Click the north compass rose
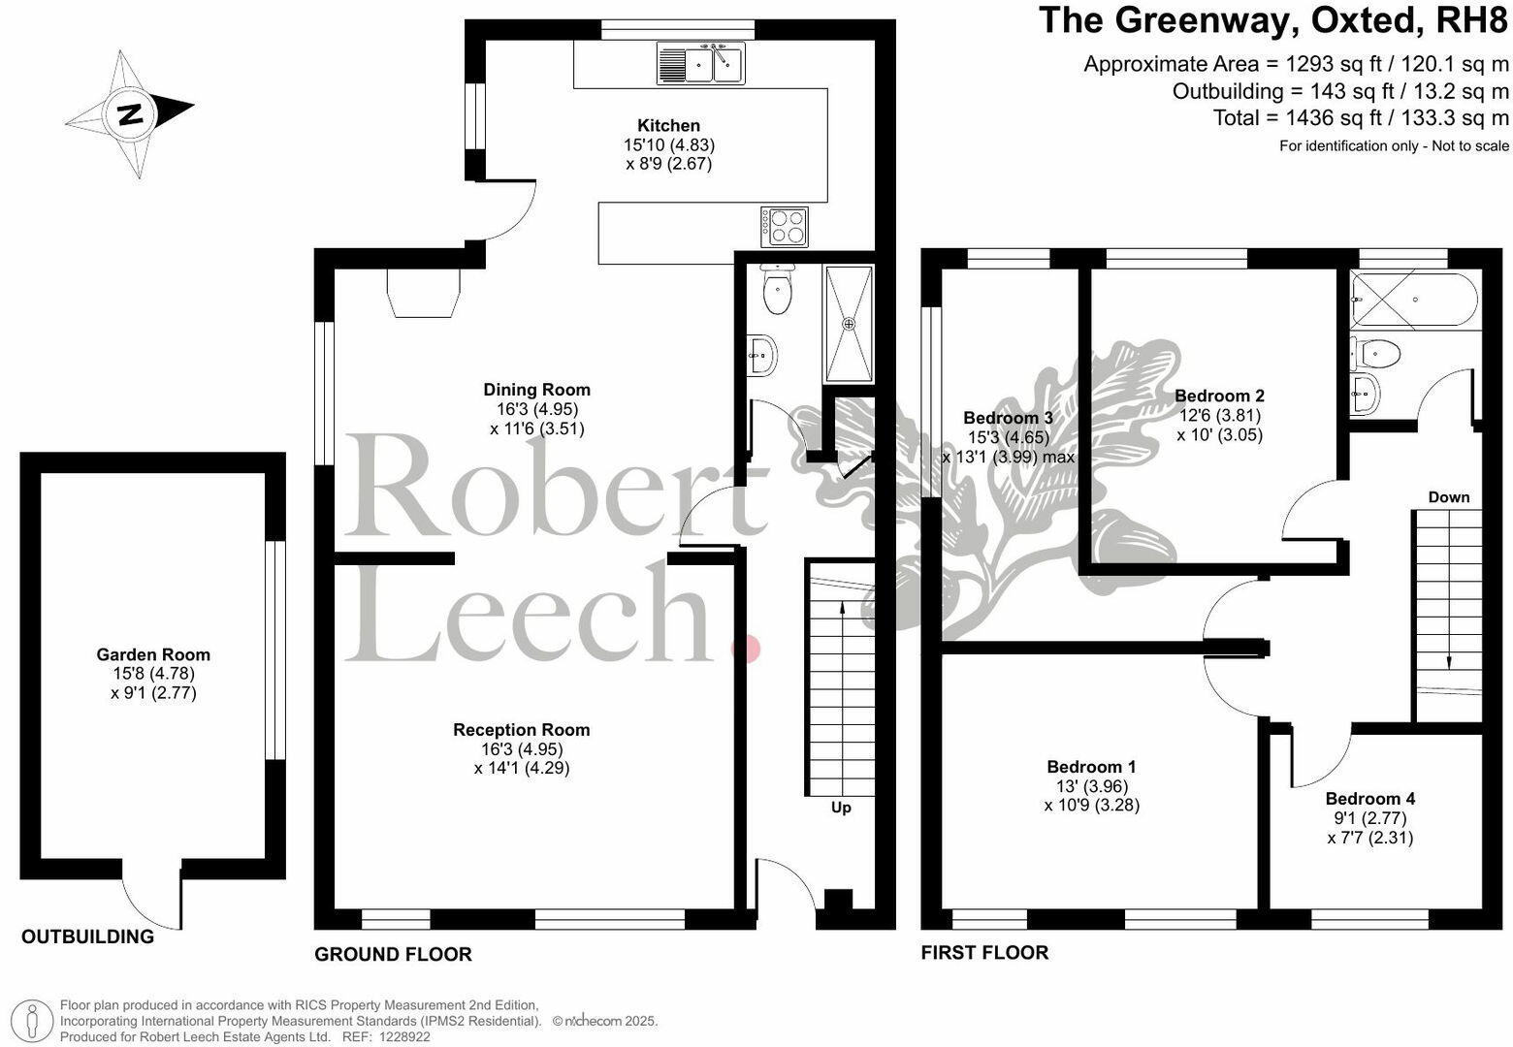[130, 113]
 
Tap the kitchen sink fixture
[700, 65]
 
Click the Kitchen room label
[668, 125]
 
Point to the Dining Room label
[536, 390]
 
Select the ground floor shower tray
[850, 324]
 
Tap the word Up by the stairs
[841, 808]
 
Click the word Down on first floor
[1448, 497]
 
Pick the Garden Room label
[153, 654]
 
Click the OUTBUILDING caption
[87, 936]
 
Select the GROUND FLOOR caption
[393, 955]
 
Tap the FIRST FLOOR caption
[984, 953]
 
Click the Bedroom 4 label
[1369, 799]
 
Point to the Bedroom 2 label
[1219, 396]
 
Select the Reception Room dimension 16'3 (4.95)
[522, 749]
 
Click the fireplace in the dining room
[423, 292]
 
